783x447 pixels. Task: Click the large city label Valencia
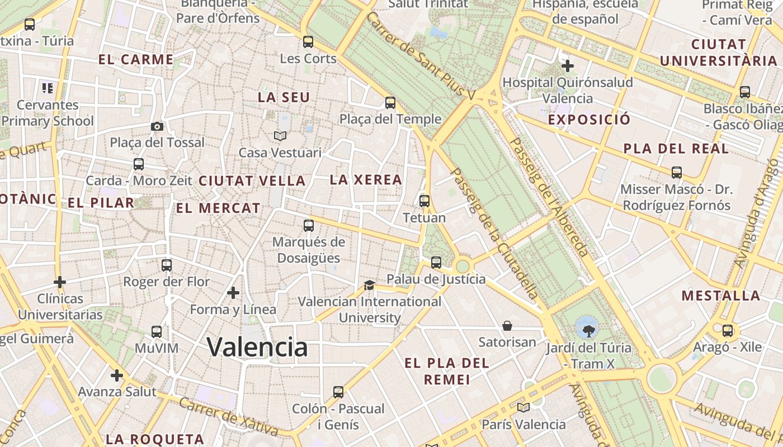[x=257, y=347]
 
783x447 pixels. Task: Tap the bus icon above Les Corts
[x=308, y=42]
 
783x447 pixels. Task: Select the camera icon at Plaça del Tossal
[x=157, y=126]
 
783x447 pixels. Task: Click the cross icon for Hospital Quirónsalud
[x=568, y=66]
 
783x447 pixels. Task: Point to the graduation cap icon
[x=369, y=286]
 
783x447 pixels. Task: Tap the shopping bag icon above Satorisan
[x=507, y=326]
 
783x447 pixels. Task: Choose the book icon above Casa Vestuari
[x=280, y=136]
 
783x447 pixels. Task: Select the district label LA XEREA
[x=366, y=180]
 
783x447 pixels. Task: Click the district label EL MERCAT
[x=218, y=208]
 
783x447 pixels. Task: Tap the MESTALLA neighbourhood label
[x=721, y=296]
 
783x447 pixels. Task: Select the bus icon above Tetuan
[x=424, y=201]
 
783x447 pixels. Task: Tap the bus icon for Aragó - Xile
[x=728, y=331]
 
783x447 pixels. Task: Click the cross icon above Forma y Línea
[x=233, y=292]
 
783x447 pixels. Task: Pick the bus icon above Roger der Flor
[x=167, y=265]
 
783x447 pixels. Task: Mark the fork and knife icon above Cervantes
[x=48, y=88]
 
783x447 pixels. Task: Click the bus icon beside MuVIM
[x=157, y=332]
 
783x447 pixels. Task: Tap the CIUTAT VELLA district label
[x=252, y=181]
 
